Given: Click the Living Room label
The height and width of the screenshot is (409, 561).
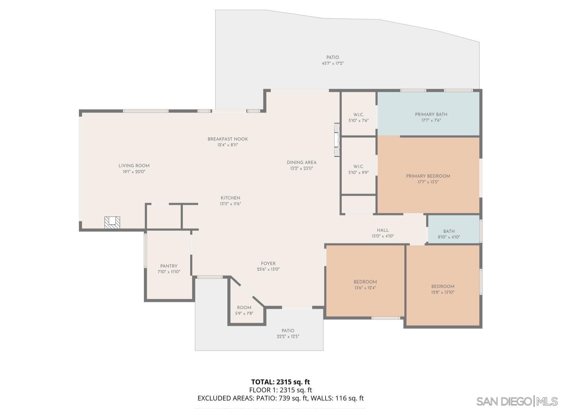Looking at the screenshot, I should (134, 166).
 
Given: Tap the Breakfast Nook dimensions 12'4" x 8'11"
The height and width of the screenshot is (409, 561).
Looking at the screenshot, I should (227, 145).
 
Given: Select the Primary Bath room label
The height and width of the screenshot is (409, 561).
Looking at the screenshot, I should (431, 115).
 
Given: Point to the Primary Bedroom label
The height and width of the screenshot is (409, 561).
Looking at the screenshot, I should (428, 176).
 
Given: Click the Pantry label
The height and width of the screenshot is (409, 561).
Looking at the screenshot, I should (169, 266).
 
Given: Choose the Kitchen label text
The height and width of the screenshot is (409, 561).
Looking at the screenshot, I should (230, 198).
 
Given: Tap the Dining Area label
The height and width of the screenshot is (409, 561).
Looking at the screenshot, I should (301, 163).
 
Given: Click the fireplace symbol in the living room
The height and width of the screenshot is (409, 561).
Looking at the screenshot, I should (112, 222).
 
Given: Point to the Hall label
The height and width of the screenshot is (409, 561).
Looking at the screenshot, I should (383, 231).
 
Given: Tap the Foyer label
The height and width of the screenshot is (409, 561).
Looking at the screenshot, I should (268, 264).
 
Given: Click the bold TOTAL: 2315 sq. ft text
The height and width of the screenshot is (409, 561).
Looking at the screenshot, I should (280, 382).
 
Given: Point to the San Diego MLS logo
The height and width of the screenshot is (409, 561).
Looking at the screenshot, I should (517, 401).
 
